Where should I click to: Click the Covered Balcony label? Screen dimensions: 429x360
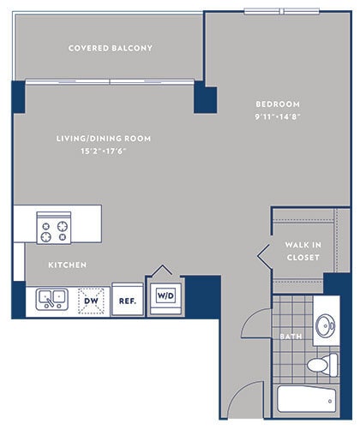click(111, 48)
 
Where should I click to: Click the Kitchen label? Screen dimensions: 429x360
click(67, 265)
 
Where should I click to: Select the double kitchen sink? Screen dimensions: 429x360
click(52, 299)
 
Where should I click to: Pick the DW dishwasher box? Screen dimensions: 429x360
click(91, 301)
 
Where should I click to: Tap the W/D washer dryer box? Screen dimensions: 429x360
click(165, 296)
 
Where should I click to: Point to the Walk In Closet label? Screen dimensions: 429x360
click(302, 251)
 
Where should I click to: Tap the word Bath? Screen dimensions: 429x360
click(291, 337)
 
